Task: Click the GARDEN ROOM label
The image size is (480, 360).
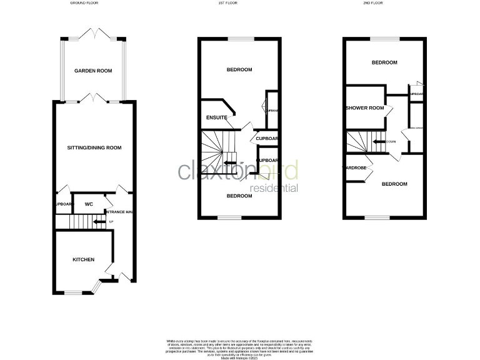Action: pyautogui.click(x=93, y=71)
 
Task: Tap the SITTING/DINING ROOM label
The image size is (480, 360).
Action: pyautogui.click(x=94, y=148)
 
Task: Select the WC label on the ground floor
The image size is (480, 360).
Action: pyautogui.click(x=89, y=204)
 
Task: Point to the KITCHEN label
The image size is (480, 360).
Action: pyautogui.click(x=84, y=259)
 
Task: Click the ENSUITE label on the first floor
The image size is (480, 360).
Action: pyautogui.click(x=216, y=117)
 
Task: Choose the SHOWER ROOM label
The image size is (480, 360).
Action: pyautogui.click(x=364, y=108)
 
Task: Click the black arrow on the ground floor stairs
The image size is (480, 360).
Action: pyautogui.click(x=98, y=221)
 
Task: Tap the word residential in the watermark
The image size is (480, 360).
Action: pyautogui.click(x=274, y=188)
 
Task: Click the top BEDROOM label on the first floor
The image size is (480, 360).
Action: pyautogui.click(x=239, y=70)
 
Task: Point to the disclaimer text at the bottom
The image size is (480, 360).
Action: pyautogui.click(x=239, y=347)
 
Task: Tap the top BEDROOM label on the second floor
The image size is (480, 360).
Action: pyautogui.click(x=384, y=62)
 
